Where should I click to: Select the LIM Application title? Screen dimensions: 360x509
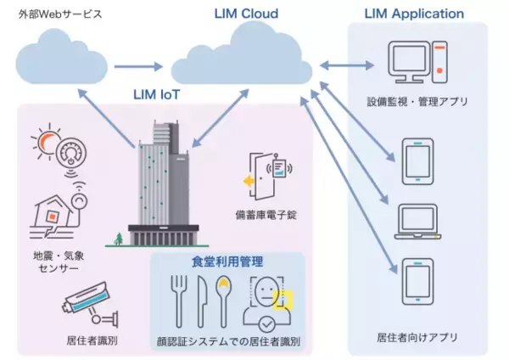click(414, 14)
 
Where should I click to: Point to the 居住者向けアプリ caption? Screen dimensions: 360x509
click(417, 337)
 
